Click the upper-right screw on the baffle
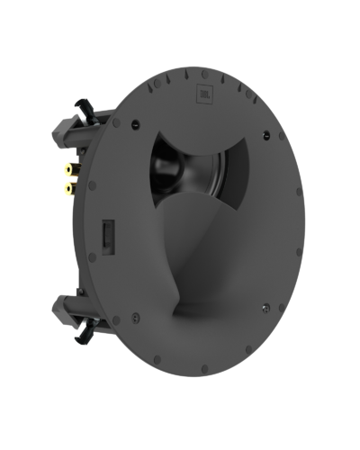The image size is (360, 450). click(266, 136)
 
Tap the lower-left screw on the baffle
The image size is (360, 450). click(135, 316)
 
